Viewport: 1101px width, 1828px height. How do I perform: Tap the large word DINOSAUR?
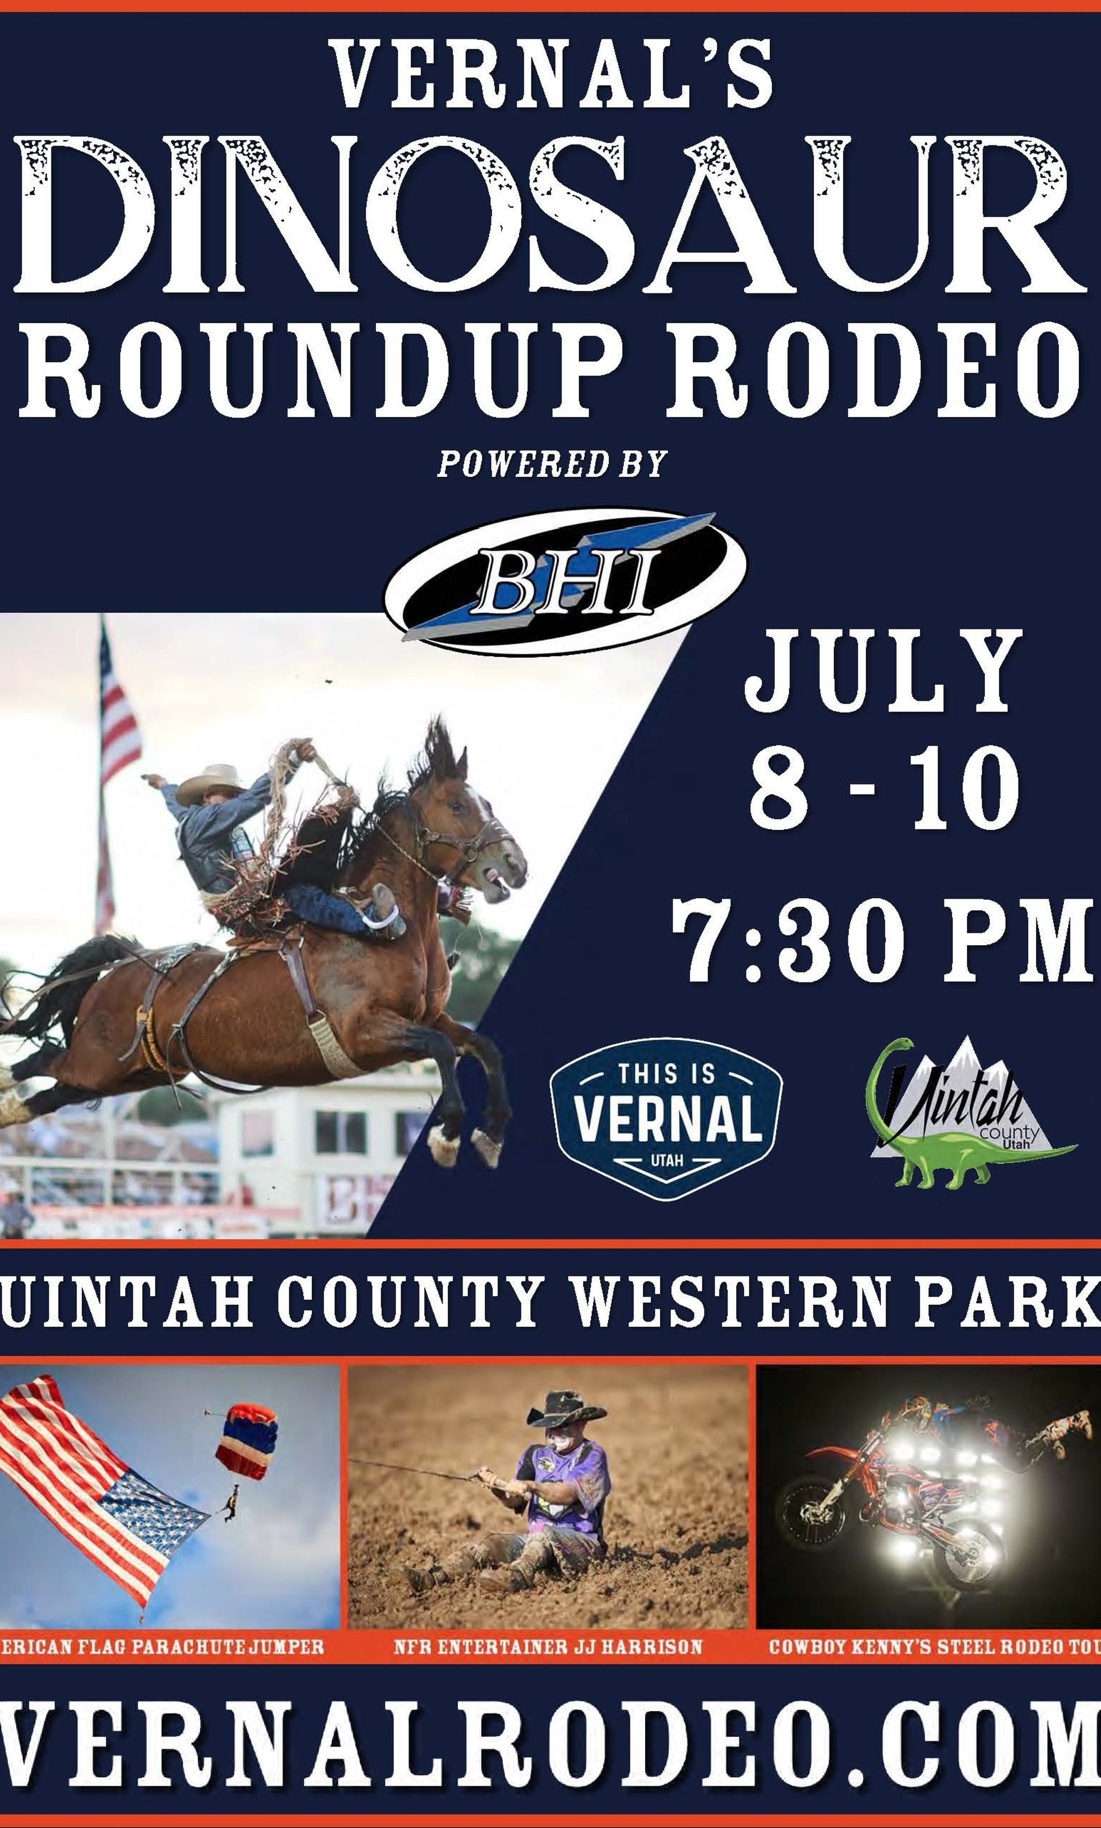[x=550, y=215]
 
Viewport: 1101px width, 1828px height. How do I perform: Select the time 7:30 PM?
[x=883, y=940]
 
